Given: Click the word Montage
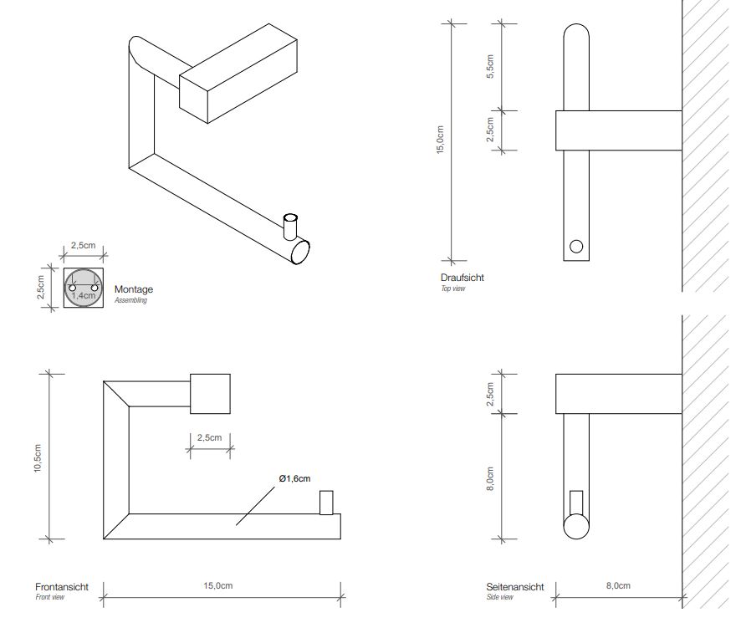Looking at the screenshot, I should coord(133,289).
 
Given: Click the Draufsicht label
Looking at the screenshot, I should coord(462,278).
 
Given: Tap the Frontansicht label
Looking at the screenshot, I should coord(62,587).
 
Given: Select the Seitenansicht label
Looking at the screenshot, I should coord(515,587).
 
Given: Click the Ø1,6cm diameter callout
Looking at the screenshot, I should coord(294,478).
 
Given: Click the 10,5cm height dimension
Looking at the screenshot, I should coord(38,457).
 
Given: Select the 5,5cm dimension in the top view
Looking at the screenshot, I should coord(491,67).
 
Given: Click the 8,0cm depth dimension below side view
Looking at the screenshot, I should coord(617,586).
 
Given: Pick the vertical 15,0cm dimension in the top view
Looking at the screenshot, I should coord(441,139).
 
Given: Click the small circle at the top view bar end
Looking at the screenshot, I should coord(575,246).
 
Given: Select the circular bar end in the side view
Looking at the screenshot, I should coord(575,528).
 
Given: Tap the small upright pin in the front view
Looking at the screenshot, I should coord(326,502).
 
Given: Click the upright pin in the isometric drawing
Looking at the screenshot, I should coord(289,226).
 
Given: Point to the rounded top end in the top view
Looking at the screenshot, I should coord(575,38).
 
